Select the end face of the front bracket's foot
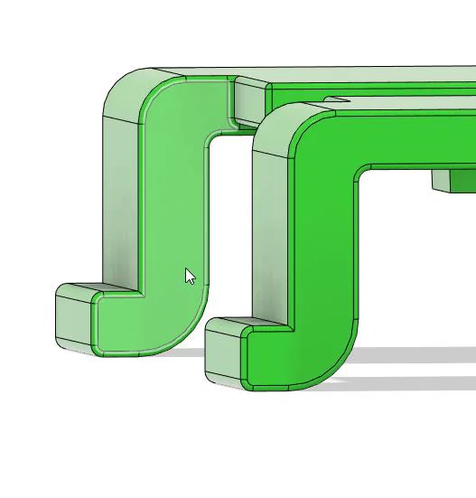coord(224,358)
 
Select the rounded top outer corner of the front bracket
coord(275,123)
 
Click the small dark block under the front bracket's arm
coord(452,181)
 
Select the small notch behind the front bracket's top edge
coord(336,99)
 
